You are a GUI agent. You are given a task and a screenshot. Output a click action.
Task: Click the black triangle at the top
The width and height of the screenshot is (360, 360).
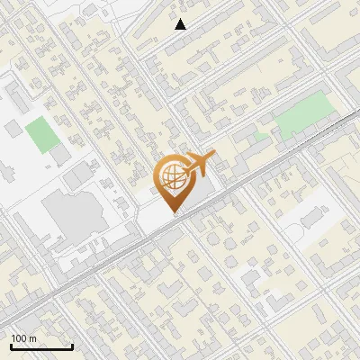pos(181,24)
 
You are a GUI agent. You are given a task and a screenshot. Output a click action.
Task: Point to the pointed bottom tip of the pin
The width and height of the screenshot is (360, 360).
pos(175,213)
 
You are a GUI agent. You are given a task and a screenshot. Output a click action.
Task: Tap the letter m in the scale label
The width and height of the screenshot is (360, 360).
pos(33,338)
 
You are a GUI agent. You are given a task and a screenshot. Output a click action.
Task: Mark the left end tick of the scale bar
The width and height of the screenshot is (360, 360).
pos(10,346)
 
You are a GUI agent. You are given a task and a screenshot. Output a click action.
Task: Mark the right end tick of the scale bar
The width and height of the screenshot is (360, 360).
pos(72,346)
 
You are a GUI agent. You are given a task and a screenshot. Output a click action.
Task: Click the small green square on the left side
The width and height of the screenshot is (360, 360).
pos(40,134)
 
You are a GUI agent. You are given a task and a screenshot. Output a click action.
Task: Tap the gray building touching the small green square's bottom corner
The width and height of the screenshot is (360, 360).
pos(60,156)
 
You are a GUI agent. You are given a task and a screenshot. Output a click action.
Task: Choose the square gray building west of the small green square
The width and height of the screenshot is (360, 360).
pos(12,130)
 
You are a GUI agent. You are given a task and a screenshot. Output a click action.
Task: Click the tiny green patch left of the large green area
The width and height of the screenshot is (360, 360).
pos(261,136)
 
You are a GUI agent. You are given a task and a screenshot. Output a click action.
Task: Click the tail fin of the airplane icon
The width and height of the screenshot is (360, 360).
pos(212,156)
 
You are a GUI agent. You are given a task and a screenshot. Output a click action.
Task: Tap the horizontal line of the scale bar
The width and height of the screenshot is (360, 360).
pos(40,347)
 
